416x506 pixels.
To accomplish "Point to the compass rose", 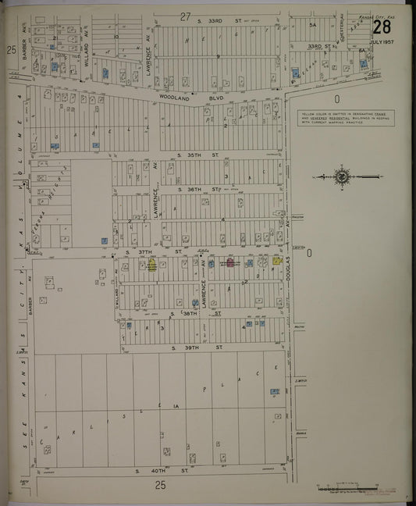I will pos(342,177).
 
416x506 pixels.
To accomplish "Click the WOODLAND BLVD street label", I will pos(211,97).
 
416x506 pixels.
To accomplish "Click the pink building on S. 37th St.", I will pos(230,265).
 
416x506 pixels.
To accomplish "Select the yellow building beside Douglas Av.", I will pos(277,262).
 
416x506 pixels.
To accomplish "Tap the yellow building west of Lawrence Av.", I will pos(152,265).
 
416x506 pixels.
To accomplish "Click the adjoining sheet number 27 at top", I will pos(185,16).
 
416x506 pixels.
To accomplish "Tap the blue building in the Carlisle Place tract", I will pos(274,391).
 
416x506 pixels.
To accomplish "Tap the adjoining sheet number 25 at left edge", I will pos(11,50).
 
